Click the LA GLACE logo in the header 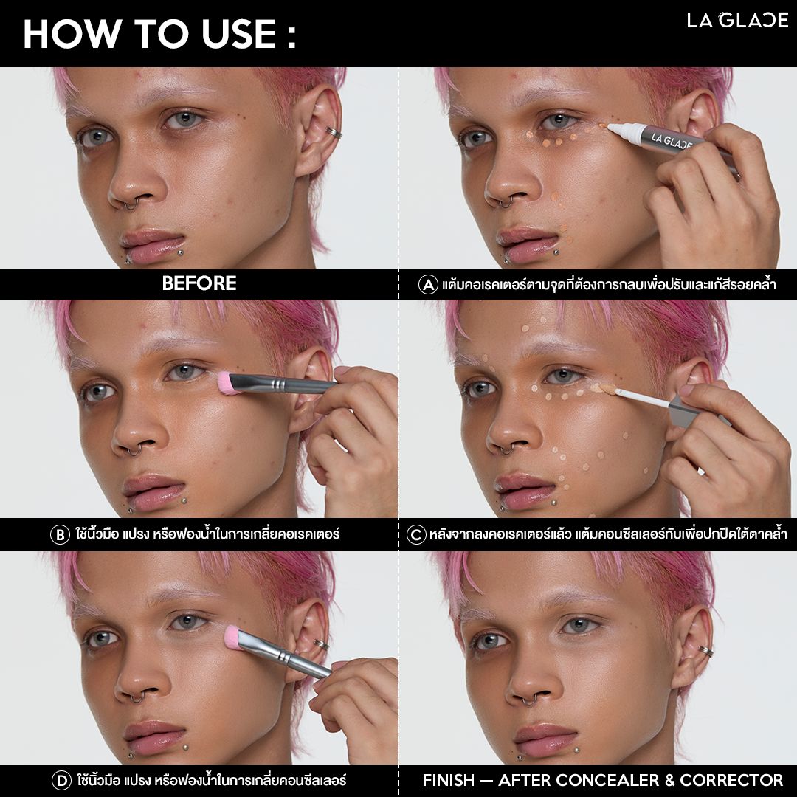click(x=737, y=20)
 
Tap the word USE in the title click(x=238, y=35)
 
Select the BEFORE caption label click(x=199, y=283)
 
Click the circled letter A click(x=428, y=284)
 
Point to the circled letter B click(x=60, y=535)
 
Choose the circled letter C click(x=416, y=535)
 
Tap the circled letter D click(x=61, y=780)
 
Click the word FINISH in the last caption click(x=449, y=780)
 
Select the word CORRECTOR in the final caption click(x=731, y=780)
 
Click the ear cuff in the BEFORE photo click(x=334, y=133)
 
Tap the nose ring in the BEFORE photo click(x=131, y=204)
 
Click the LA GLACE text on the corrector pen click(x=672, y=141)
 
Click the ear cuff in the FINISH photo click(x=705, y=651)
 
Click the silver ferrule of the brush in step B click(x=277, y=384)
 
